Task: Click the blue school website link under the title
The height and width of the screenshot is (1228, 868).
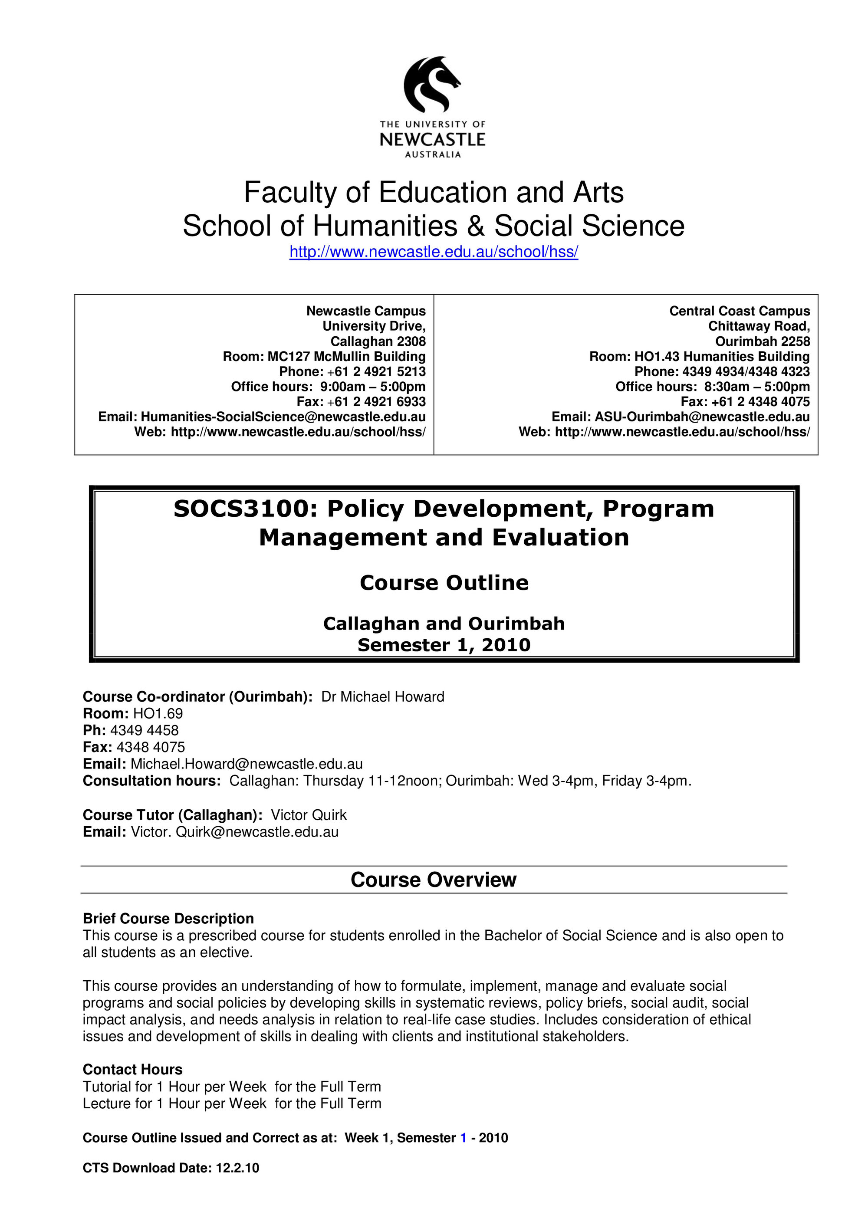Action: [x=433, y=252]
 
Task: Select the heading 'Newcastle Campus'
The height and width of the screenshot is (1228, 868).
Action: [x=366, y=311]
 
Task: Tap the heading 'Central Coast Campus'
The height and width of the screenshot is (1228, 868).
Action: [x=739, y=311]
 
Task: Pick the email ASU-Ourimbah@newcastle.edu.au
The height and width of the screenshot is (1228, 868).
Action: [x=702, y=417]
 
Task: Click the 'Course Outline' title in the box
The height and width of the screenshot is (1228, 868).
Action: [x=444, y=582]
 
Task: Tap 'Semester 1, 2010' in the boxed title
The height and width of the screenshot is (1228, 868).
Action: [x=444, y=645]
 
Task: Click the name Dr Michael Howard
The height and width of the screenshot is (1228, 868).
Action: [x=382, y=697]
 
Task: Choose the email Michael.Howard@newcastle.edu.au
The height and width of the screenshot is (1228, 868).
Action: [x=247, y=764]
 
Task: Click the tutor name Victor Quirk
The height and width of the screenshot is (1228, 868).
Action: [x=309, y=815]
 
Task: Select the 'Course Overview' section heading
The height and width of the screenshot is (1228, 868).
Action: [x=433, y=880]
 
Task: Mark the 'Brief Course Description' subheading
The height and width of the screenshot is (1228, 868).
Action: [x=168, y=919]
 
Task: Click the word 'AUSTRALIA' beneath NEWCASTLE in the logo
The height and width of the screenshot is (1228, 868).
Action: [x=433, y=154]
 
